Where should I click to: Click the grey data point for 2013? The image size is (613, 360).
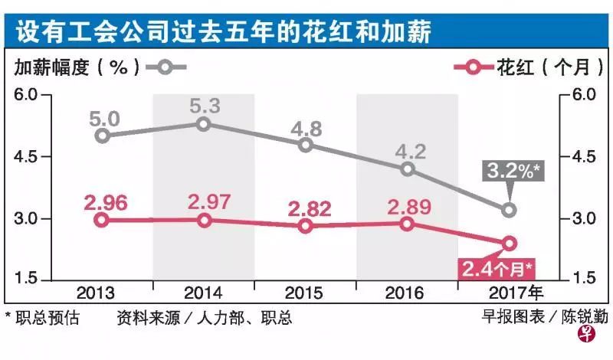103,136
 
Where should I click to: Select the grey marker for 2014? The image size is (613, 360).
204,124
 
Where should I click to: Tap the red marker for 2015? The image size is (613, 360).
306,226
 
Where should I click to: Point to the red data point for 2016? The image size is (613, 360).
408,224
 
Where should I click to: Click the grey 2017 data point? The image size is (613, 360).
509,209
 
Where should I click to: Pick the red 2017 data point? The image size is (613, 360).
509,244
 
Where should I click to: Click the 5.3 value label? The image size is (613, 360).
204,105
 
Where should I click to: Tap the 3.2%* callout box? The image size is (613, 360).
510,171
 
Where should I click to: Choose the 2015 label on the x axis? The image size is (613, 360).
305,293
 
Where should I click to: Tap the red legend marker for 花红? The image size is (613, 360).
473,67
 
